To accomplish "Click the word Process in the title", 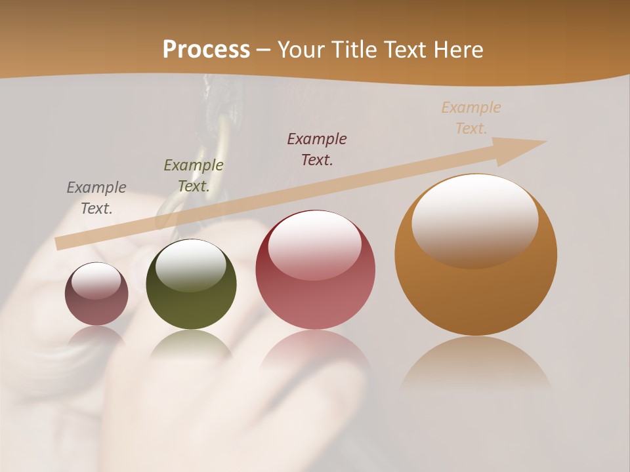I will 206,50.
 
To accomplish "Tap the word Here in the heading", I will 459,50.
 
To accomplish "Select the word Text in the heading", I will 406,50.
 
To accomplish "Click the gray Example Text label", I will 96,198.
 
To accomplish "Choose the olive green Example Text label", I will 194,176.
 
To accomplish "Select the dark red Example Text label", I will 317,149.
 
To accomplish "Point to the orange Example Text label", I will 471,118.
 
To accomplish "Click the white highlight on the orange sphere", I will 474,220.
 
